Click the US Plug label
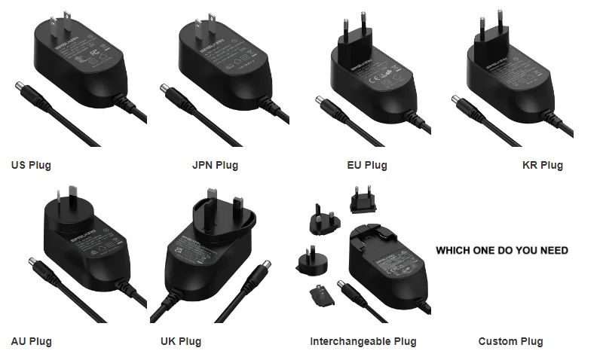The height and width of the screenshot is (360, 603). pyautogui.click(x=31, y=165)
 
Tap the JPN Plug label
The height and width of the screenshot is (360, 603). pyautogui.click(x=215, y=165)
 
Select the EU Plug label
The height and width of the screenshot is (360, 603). pyautogui.click(x=366, y=165)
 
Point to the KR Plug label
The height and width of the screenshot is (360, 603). pyautogui.click(x=542, y=165)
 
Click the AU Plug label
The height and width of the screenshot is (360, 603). pyautogui.click(x=31, y=341)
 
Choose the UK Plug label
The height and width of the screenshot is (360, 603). pyautogui.click(x=181, y=341)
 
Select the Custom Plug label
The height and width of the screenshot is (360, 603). pyautogui.click(x=510, y=341)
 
